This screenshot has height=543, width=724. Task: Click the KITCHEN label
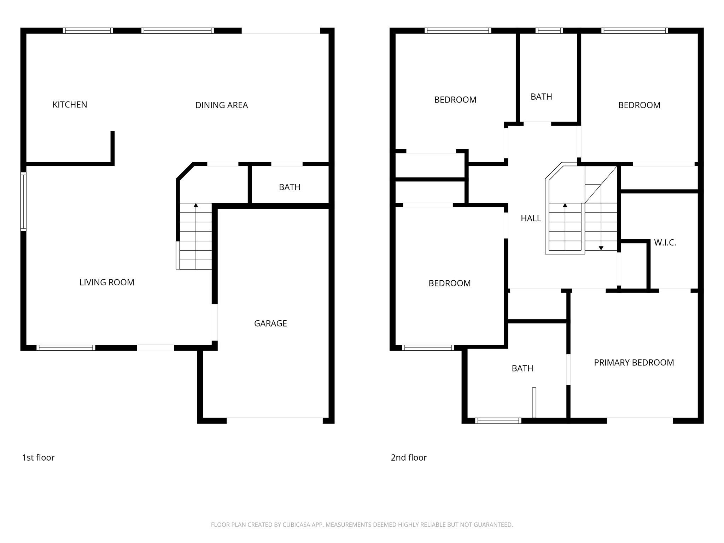pyautogui.click(x=70, y=105)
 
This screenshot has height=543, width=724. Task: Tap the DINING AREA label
pyautogui.click(x=221, y=105)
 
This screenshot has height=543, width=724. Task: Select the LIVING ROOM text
pyautogui.click(x=107, y=282)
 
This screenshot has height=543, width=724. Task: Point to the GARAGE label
pyautogui.click(x=270, y=323)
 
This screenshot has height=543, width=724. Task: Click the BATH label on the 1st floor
pyautogui.click(x=290, y=187)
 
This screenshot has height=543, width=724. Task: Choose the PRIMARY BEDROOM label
pyautogui.click(x=634, y=362)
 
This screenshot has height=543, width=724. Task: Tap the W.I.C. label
pyautogui.click(x=665, y=243)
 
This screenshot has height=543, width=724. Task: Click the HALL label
pyautogui.click(x=531, y=218)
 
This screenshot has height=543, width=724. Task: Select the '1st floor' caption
pyautogui.click(x=38, y=457)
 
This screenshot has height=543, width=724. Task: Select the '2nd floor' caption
pyautogui.click(x=409, y=457)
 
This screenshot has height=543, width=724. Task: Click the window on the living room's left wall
pyautogui.click(x=23, y=202)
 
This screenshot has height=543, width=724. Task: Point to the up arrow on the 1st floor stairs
pyautogui.click(x=196, y=205)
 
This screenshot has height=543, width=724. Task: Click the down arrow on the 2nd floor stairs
pyautogui.click(x=601, y=248)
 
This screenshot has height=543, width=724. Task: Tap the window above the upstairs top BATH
pyautogui.click(x=549, y=31)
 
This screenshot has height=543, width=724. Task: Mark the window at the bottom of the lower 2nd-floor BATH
pyautogui.click(x=498, y=421)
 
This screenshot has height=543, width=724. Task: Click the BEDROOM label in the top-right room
pyautogui.click(x=639, y=105)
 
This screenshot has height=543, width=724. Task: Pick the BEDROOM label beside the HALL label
pyautogui.click(x=449, y=283)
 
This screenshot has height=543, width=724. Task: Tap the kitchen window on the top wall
pyautogui.click(x=88, y=31)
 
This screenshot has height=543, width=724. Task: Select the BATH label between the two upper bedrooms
pyautogui.click(x=541, y=97)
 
